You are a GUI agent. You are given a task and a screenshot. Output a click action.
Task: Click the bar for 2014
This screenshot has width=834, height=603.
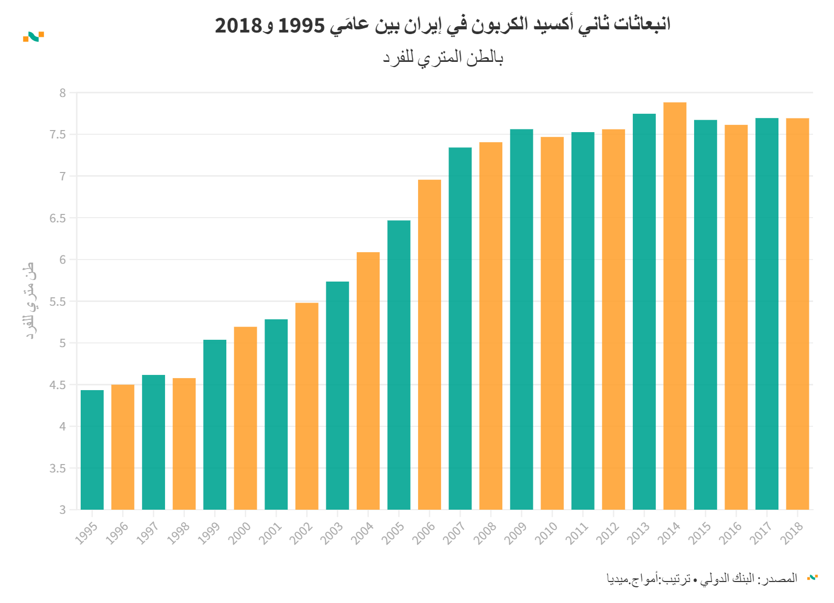(675, 306)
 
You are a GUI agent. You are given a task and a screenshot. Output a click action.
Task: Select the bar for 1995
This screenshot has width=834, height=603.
(92, 450)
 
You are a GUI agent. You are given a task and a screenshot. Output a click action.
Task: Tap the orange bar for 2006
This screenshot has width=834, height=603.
(430, 344)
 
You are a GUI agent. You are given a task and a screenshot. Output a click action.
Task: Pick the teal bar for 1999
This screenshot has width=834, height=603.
(215, 425)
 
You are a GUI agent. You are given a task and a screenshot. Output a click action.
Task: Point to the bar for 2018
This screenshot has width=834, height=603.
(797, 314)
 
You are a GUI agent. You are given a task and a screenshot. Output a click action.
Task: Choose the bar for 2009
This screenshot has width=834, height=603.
(521, 319)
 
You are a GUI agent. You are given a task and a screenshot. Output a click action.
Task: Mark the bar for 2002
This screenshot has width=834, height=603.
(307, 406)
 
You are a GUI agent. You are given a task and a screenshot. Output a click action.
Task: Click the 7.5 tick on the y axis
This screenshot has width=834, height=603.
(58, 135)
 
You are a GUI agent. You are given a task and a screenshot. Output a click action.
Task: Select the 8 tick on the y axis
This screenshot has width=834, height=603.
(63, 93)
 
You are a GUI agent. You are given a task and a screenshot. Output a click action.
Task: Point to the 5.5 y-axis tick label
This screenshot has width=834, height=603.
(58, 301)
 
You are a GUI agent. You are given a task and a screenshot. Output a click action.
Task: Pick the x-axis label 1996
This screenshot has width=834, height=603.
(117, 533)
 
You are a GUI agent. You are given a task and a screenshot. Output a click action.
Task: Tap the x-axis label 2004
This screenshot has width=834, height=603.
(362, 533)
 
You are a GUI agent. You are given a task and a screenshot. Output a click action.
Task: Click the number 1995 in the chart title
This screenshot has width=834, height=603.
(301, 25)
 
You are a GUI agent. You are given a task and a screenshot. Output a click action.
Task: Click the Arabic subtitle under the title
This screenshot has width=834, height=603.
(443, 57)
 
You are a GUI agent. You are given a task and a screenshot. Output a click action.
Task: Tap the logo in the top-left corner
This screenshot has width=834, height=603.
(34, 37)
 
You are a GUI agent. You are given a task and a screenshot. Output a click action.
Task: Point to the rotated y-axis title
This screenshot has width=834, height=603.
(30, 300)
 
